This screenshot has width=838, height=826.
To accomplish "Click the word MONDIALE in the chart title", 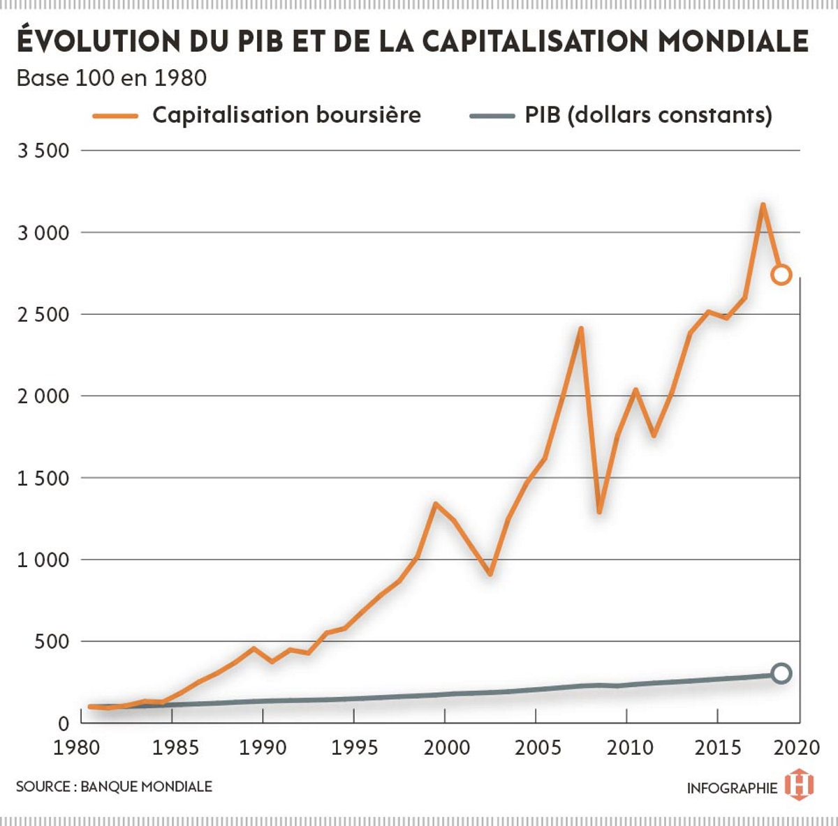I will click(x=733, y=40).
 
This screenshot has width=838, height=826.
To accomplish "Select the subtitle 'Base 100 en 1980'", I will click(x=112, y=77).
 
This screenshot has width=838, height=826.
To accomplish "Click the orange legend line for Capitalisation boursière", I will click(x=115, y=116).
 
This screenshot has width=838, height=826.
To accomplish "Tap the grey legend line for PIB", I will click(x=492, y=116).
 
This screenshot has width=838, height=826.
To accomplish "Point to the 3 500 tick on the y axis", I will click(x=43, y=151).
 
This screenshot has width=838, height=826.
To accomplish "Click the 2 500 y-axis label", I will click(x=43, y=315).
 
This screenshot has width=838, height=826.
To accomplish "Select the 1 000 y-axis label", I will click(x=43, y=560).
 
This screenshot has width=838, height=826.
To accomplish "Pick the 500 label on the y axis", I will click(x=52, y=642).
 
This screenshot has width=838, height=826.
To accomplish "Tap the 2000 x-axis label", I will click(x=446, y=747).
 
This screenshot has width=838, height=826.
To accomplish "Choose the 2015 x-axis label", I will click(x=719, y=747).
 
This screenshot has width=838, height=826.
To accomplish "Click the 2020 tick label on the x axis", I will click(x=797, y=747).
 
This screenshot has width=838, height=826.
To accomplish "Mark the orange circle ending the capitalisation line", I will click(x=781, y=274).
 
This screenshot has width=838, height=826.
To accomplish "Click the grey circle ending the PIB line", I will click(x=781, y=673).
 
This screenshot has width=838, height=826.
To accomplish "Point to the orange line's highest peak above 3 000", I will click(x=763, y=205).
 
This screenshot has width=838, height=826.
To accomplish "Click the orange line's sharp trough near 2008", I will click(x=599, y=511).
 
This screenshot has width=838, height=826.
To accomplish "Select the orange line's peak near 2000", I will click(x=436, y=504).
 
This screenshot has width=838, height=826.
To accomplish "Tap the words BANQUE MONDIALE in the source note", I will click(x=146, y=787).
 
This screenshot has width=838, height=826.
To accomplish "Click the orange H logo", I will click(x=799, y=785).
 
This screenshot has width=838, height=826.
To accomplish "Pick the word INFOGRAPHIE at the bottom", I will click(x=732, y=788).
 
